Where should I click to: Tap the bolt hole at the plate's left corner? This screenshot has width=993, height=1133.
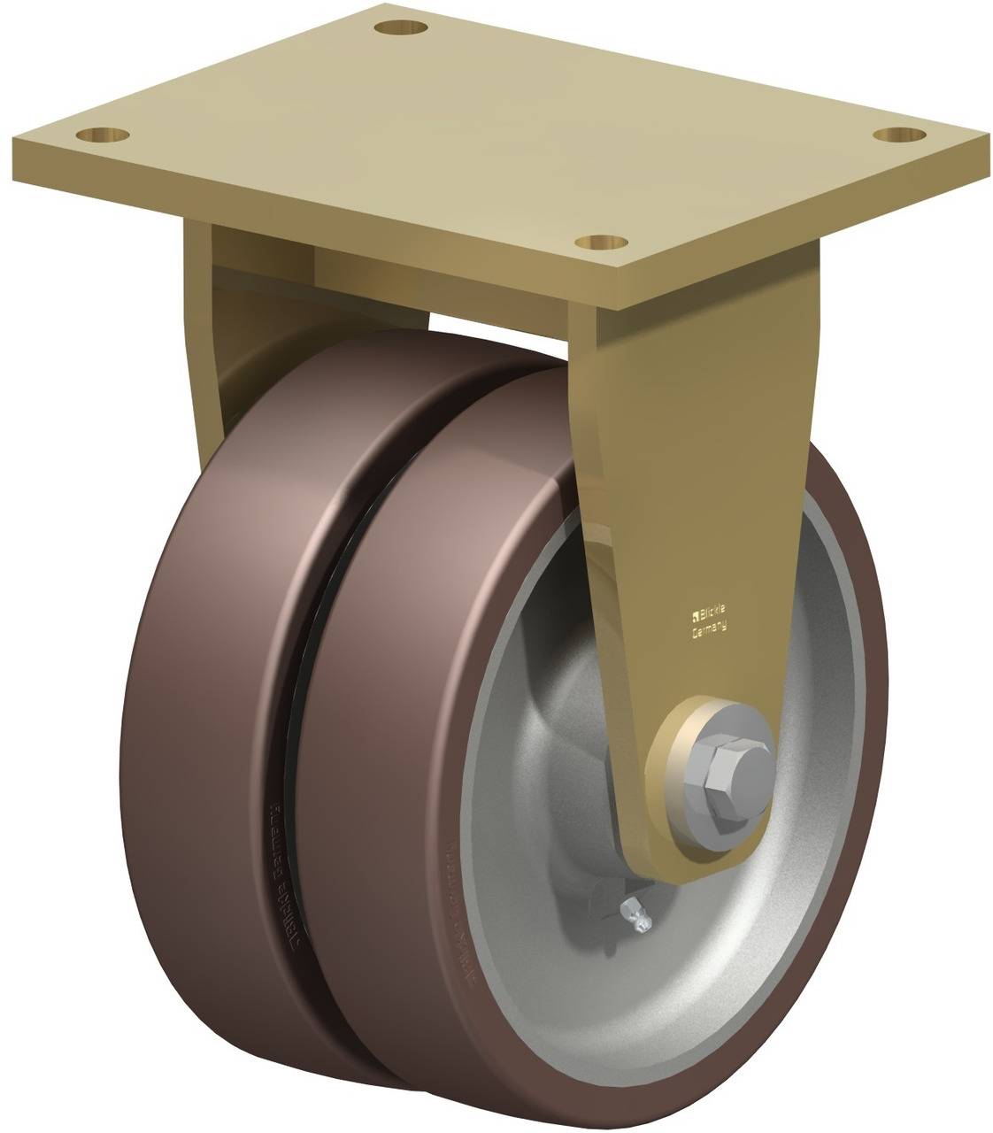[103, 135]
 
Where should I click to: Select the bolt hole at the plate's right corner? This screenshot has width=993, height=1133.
[901, 135]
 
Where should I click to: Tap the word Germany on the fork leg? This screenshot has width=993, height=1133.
[708, 629]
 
